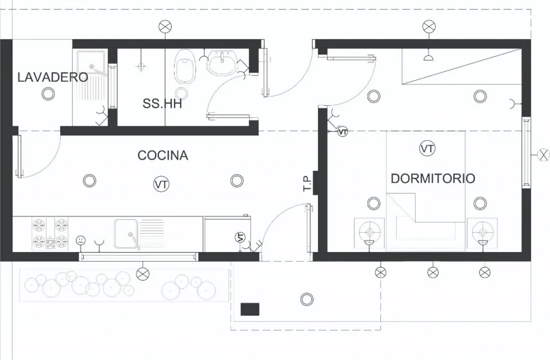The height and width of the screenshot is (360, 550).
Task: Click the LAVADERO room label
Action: [x=53, y=77]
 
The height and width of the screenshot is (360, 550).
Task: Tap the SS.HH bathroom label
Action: [x=162, y=104]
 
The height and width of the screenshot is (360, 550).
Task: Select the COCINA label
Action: [x=163, y=155]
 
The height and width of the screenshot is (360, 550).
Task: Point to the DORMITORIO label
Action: [x=433, y=178]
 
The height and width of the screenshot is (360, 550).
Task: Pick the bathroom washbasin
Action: [x=222, y=63]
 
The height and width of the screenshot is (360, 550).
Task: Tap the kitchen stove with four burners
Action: [x=50, y=233]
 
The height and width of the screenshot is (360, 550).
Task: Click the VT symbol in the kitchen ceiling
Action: [x=161, y=184]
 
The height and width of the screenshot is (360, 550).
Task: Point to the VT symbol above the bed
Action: [x=427, y=148]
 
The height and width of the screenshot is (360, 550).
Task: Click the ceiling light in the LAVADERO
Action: [x=48, y=93]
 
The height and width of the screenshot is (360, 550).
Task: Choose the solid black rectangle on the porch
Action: [x=250, y=309]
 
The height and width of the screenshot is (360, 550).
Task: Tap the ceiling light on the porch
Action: [x=307, y=299]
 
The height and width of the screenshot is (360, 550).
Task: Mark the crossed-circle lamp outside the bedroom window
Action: [x=544, y=155]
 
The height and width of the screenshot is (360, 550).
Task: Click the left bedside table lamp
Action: [x=370, y=232]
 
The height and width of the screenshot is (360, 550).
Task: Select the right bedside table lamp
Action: [x=483, y=232]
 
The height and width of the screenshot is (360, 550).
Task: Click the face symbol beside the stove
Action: [x=81, y=240]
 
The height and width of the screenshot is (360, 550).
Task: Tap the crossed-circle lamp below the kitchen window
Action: [x=142, y=274]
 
